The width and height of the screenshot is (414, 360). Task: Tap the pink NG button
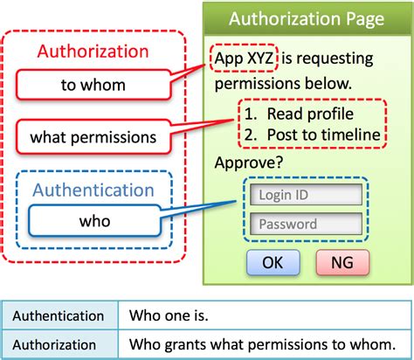click(342, 261)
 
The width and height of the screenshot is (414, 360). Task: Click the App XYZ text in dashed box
click(245, 59)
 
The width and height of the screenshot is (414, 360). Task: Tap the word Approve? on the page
click(246, 163)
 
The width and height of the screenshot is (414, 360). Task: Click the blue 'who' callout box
click(93, 220)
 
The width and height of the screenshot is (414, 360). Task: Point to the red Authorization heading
click(94, 52)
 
